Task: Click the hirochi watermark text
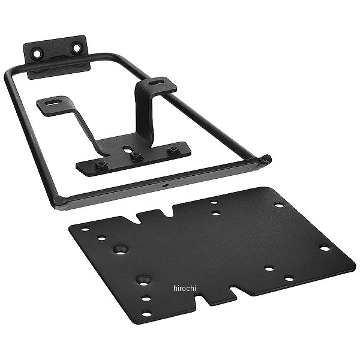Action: point(185,288)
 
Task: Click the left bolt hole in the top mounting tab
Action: point(37,54)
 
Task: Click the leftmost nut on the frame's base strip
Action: point(100,164)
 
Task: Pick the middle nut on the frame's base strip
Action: point(136,157)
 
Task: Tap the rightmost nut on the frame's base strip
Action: point(172,150)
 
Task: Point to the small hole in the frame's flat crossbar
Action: point(165,184)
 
